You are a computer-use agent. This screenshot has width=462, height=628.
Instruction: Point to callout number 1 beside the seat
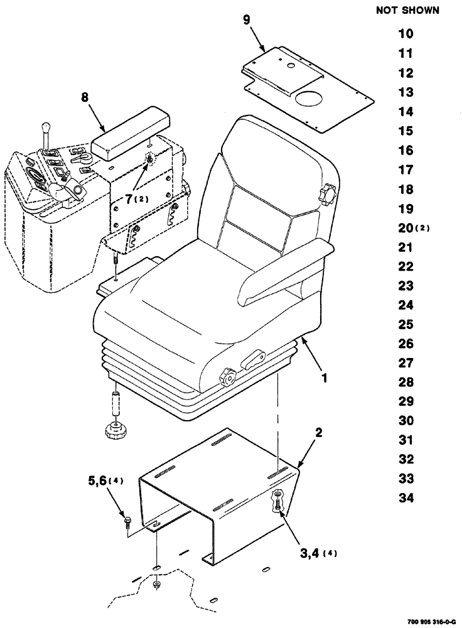pos(326,379)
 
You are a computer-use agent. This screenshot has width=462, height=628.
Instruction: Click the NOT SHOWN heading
pos(406,11)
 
